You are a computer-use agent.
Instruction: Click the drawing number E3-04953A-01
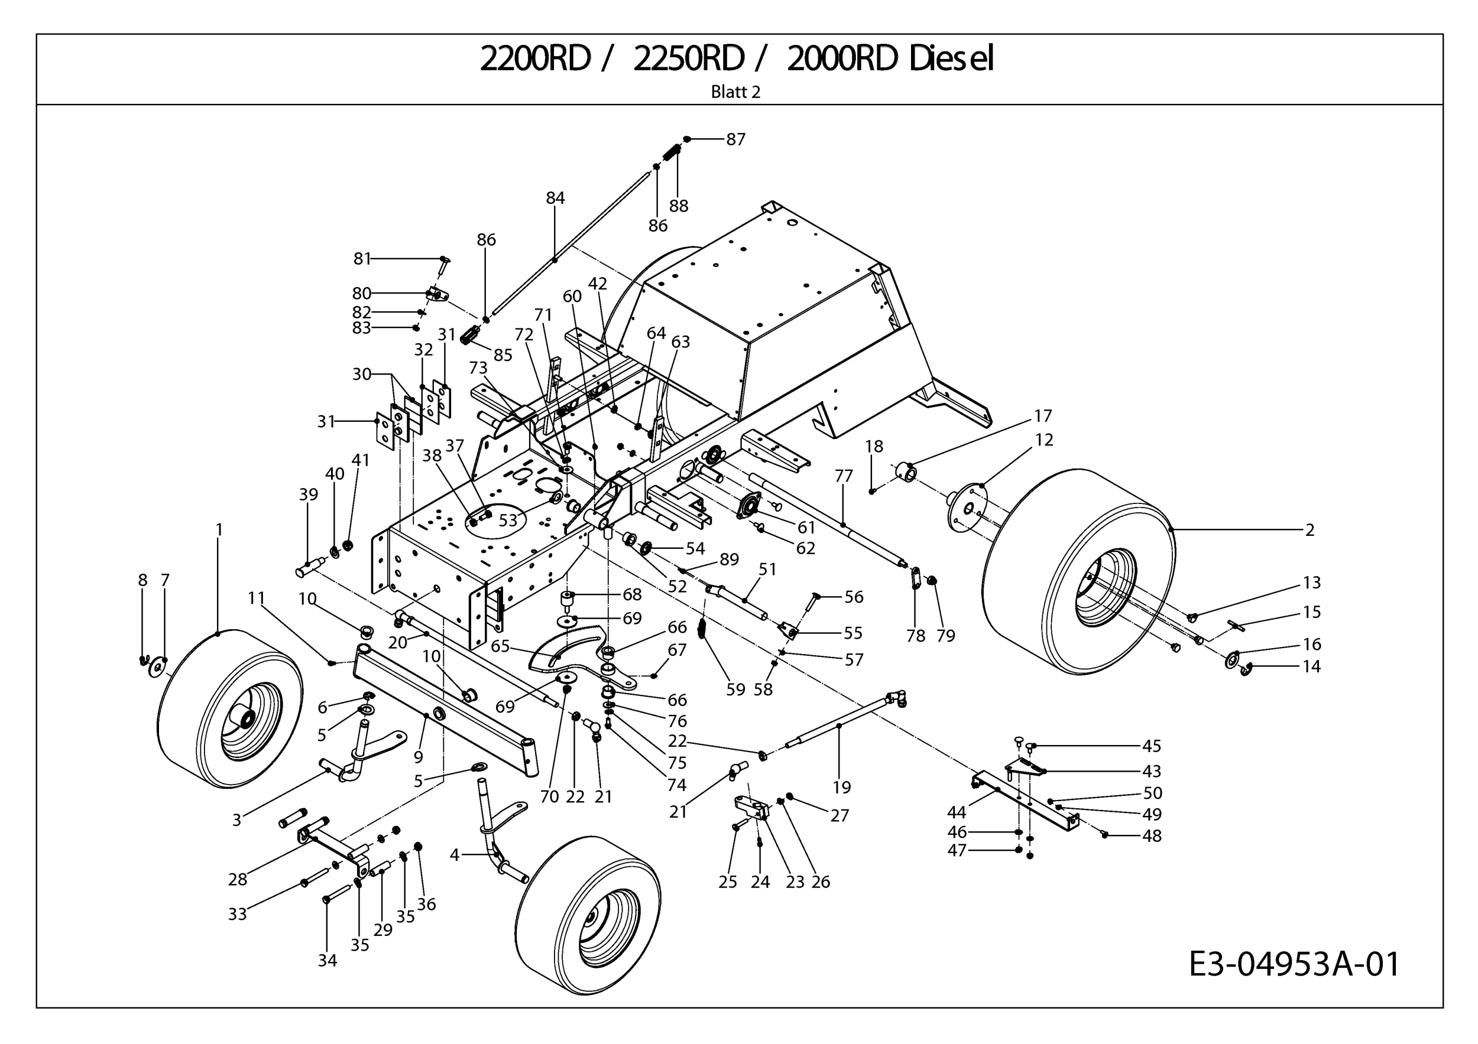pyautogui.click(x=1294, y=964)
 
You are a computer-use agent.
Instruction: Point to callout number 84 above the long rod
pyautogui.click(x=555, y=198)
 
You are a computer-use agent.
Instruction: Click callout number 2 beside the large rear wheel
pyautogui.click(x=1310, y=530)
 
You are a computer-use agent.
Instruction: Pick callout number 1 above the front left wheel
pyautogui.click(x=219, y=529)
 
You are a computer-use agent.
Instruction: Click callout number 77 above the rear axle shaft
pyautogui.click(x=843, y=476)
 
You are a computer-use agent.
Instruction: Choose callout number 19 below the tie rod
pyautogui.click(x=841, y=788)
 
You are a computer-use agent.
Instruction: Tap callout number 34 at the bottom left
pyautogui.click(x=327, y=960)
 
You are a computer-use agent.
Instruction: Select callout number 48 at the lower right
pyautogui.click(x=1152, y=835)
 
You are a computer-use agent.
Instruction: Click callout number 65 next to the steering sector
pyautogui.click(x=500, y=646)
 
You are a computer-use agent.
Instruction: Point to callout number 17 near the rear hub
pyautogui.click(x=1043, y=415)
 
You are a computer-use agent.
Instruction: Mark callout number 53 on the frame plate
pyautogui.click(x=508, y=520)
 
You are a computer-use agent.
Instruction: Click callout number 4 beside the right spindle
pyautogui.click(x=455, y=855)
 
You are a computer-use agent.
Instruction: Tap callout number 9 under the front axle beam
pyautogui.click(x=419, y=757)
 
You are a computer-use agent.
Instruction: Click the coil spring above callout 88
pyautogui.click(x=672, y=154)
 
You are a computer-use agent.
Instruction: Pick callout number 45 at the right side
pyautogui.click(x=1152, y=746)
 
